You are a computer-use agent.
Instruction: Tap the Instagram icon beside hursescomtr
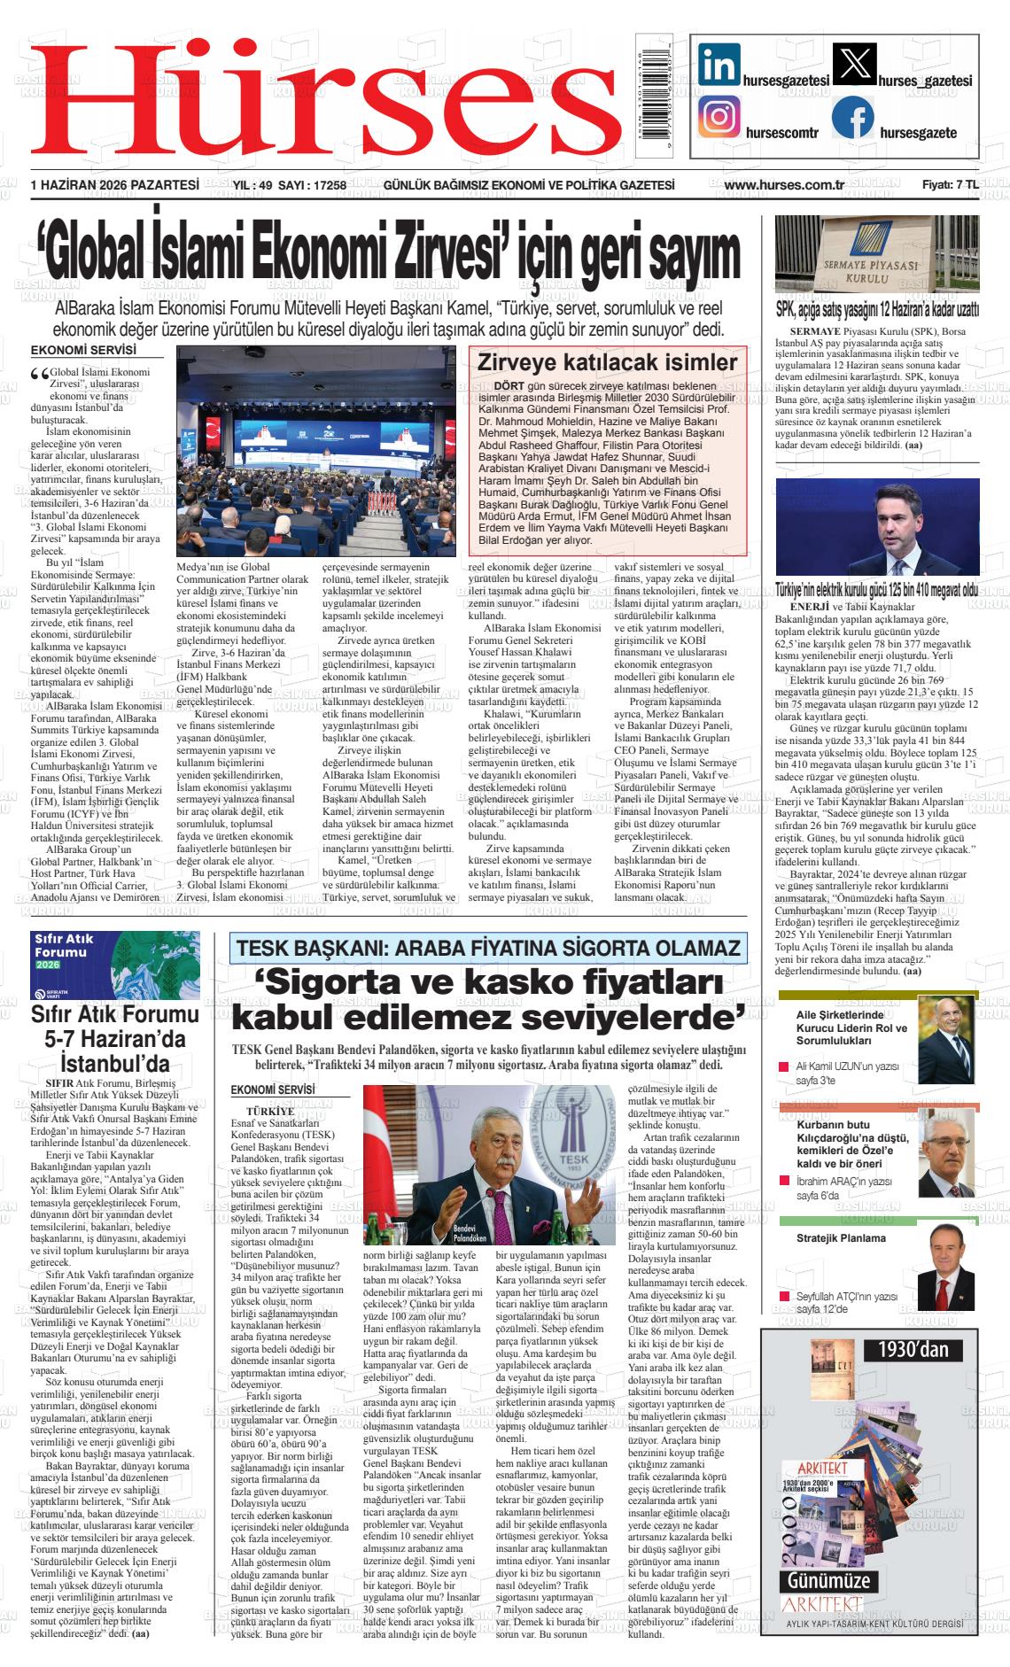[719, 117]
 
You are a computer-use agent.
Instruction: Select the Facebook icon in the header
[852, 118]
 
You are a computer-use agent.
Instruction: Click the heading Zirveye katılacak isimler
[607, 362]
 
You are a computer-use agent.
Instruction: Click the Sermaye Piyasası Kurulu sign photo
[876, 254]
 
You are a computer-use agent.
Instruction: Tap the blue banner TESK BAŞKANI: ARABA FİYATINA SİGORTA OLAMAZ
[487, 949]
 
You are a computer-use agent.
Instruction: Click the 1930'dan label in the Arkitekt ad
[913, 1349]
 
